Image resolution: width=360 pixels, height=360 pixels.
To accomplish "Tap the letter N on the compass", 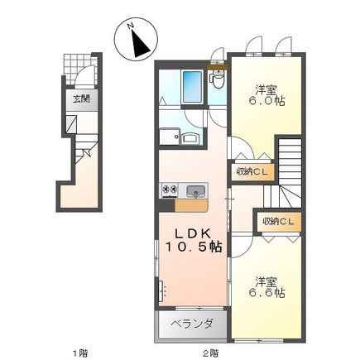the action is click(131, 26).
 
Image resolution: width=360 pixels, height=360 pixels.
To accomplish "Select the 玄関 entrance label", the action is click(81, 98).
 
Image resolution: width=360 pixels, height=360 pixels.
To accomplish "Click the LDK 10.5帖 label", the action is click(194, 240).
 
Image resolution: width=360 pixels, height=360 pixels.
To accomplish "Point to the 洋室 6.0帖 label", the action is click(266, 95).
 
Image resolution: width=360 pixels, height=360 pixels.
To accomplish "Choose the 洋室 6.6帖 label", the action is click(266, 287).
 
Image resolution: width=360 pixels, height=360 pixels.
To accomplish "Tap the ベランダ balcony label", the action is click(192, 324).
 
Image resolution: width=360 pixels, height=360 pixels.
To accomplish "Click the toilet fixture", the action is click(218, 79).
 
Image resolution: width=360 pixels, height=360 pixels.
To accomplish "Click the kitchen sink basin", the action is click(195, 191).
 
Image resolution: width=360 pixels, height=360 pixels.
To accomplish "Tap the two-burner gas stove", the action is click(170, 190).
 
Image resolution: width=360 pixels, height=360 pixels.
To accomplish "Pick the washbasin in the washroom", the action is click(190, 138).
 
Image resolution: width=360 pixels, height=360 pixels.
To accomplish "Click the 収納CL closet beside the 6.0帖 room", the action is click(252, 172).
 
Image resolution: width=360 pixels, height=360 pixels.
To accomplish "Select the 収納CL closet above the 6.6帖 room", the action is click(278, 222).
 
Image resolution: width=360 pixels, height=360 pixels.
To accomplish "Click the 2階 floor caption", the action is click(211, 353).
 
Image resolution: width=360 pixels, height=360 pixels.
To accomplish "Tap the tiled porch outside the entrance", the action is click(80, 69).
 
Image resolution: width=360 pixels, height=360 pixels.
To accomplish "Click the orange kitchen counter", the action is click(191, 205).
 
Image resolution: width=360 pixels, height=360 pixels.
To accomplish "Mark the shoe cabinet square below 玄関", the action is click(71, 124).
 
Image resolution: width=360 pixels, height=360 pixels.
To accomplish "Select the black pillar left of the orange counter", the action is click(167, 205).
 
